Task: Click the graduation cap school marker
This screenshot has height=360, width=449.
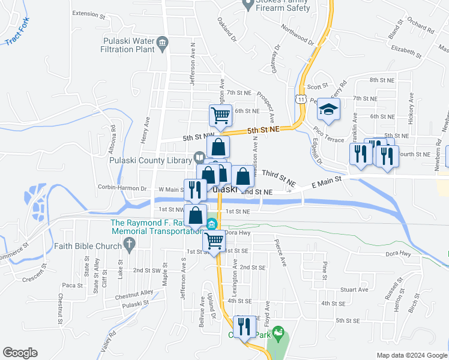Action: pos(328,110)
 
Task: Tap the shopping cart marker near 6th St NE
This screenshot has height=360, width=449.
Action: pos(220,115)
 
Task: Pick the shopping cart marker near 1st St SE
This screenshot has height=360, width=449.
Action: pos(214,241)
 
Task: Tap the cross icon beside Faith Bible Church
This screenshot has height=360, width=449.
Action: pos(127,244)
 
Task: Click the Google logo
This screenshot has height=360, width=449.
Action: pos(20,353)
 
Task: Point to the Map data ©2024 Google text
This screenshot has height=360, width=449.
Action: pos(411,355)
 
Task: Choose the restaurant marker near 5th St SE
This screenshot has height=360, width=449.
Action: pos(243,327)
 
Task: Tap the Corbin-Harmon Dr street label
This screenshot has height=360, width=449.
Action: pos(118,188)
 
